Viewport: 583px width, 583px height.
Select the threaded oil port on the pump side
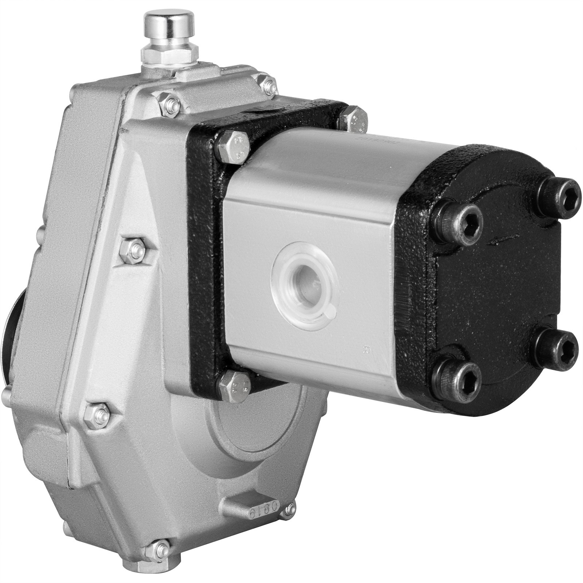pyautogui.click(x=305, y=279)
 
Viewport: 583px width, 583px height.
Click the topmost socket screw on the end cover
pyautogui.click(x=559, y=190)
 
